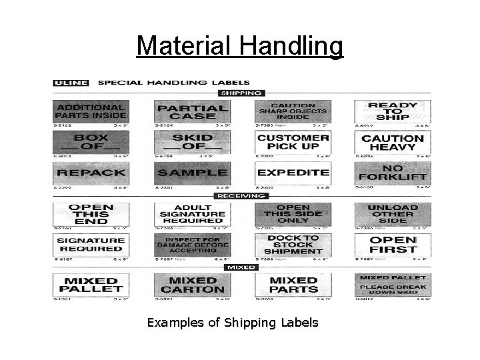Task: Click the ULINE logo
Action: [70, 83]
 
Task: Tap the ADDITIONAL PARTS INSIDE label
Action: [90, 111]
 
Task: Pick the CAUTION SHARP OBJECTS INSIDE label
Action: [292, 111]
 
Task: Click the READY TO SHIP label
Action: [393, 111]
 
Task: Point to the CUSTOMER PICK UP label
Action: [292, 142]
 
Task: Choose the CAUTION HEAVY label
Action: [393, 142]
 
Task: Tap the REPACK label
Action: [90, 173]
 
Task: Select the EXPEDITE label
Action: [292, 173]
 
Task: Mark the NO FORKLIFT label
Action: [393, 173]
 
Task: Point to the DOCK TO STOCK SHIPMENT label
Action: [292, 244]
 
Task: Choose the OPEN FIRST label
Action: [393, 244]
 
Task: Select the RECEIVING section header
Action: [241, 196]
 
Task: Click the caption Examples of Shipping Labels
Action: [233, 323]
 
